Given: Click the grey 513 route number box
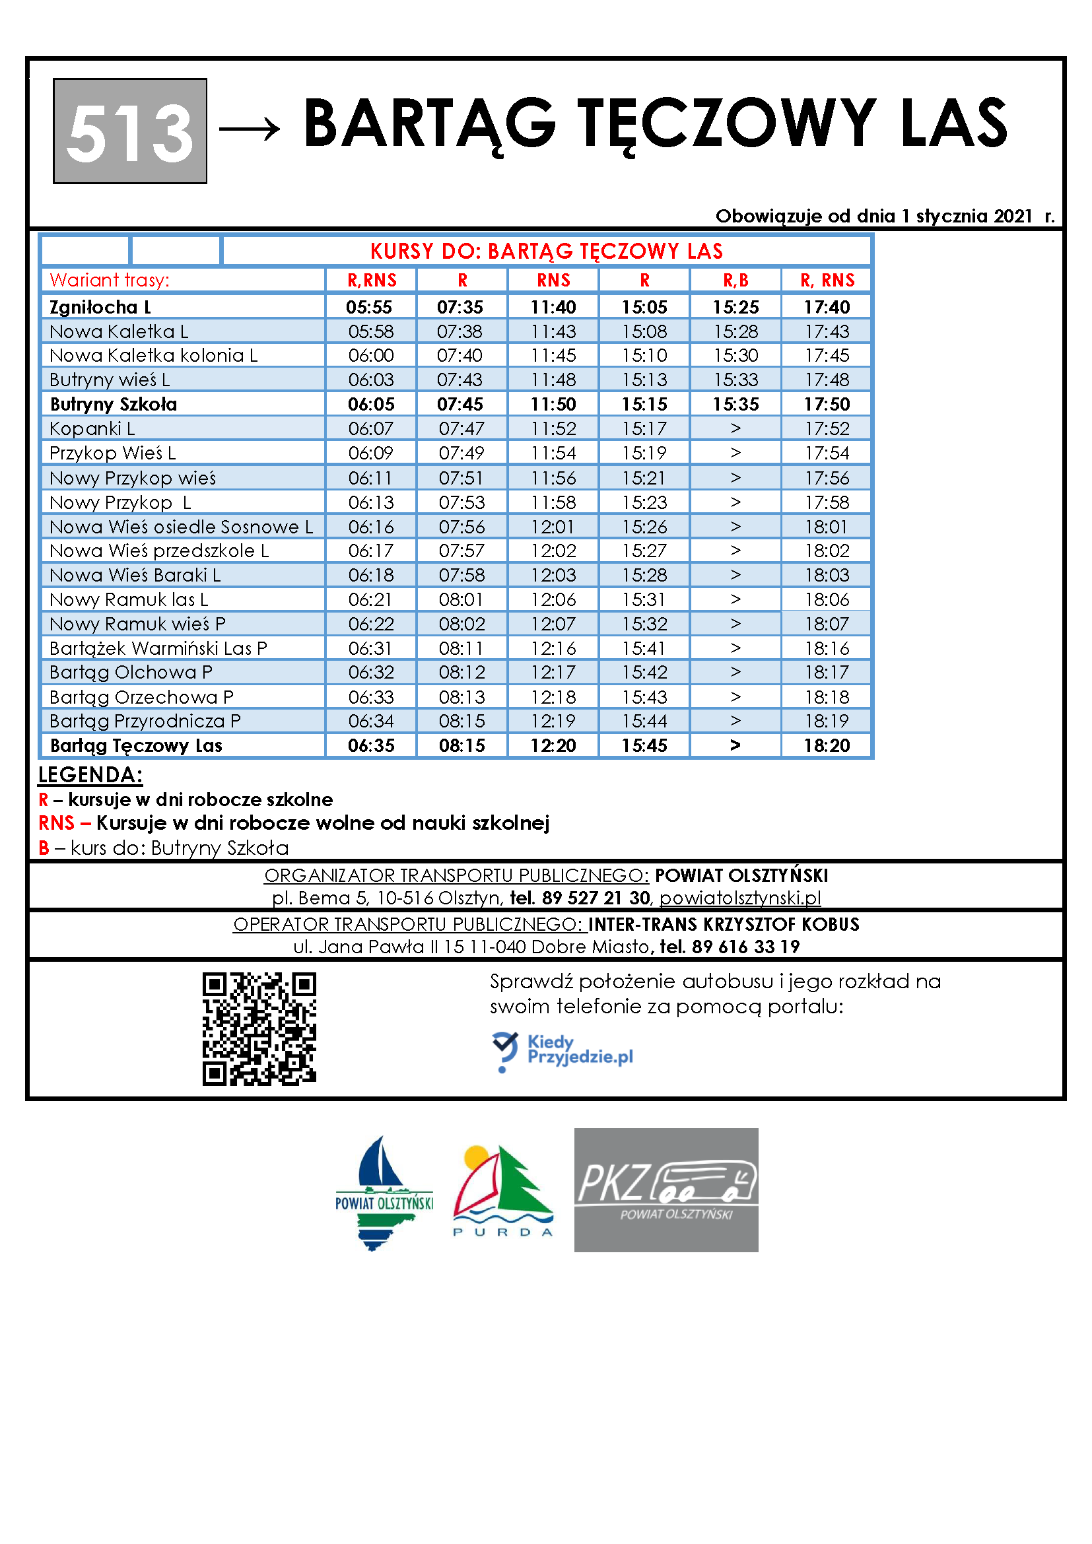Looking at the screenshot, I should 130,131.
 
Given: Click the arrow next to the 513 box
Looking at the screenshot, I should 250,128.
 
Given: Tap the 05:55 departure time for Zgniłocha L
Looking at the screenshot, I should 369,308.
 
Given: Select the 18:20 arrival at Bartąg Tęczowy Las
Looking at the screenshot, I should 827,745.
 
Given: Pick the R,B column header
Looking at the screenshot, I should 735,281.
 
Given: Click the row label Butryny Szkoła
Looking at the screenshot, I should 113,404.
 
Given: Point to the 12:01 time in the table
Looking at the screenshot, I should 553,527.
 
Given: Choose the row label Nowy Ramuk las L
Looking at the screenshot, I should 129,599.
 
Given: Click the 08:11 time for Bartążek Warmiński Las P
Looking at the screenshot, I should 461,648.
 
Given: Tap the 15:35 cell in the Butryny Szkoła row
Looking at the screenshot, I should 735,404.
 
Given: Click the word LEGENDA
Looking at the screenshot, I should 90,775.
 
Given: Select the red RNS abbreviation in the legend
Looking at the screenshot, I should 57,823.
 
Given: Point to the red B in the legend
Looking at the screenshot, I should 44,848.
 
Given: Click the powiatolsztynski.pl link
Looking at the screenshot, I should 739,898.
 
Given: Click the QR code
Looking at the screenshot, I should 259,1028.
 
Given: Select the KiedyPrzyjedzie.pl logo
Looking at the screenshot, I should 562,1051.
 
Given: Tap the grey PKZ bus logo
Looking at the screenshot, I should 665,1190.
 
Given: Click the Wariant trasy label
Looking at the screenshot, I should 110,281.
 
